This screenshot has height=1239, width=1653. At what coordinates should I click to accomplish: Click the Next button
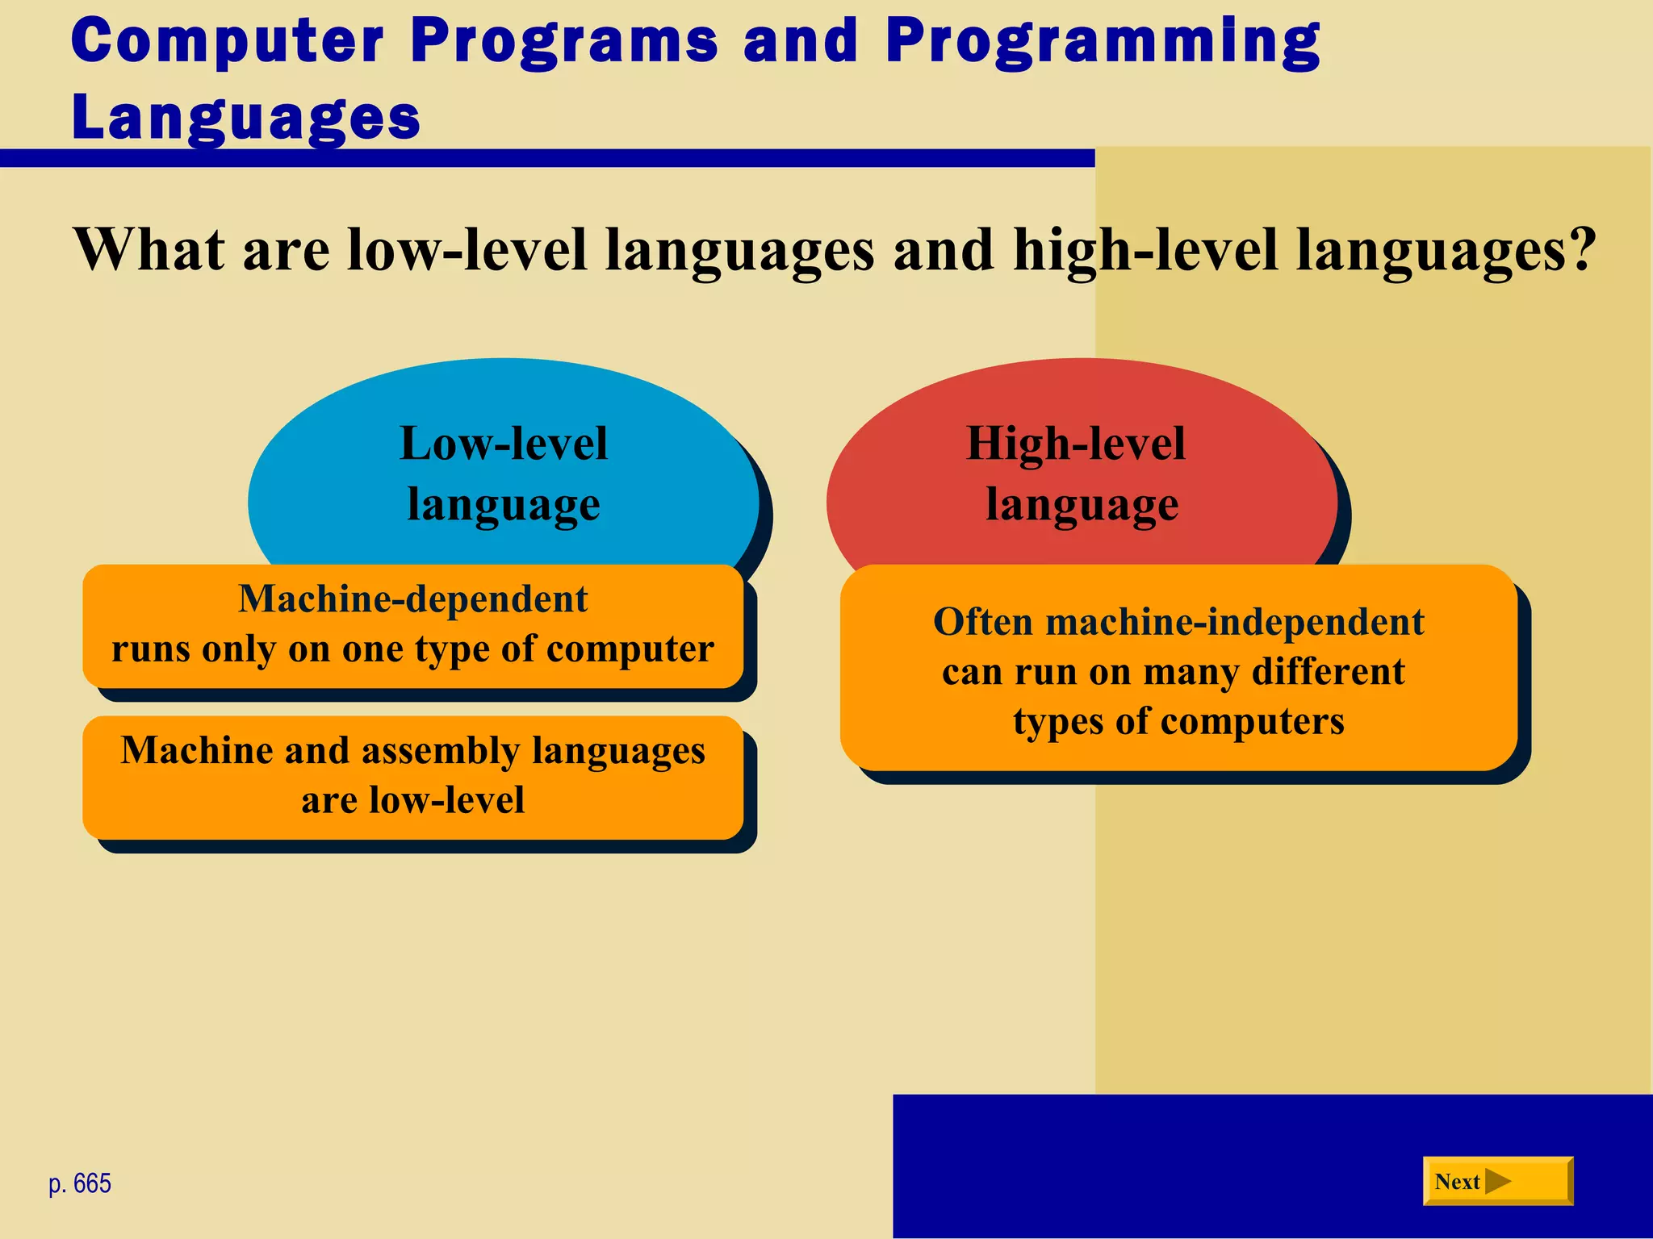[1496, 1182]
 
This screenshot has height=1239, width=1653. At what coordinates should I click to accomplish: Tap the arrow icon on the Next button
[1498, 1182]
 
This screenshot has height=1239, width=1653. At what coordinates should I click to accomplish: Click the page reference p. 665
[80, 1183]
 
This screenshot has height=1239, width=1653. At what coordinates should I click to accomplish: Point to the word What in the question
[149, 249]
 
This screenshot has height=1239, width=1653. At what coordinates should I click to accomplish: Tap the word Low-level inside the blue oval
[503, 444]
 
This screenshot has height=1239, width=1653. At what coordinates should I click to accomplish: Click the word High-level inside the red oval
[1076, 444]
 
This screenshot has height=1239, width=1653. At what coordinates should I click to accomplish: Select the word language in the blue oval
[503, 506]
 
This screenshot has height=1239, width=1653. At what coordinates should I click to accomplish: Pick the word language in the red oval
[1082, 506]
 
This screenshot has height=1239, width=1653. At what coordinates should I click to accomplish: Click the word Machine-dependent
[412, 599]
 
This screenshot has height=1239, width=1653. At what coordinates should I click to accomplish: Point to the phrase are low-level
[412, 800]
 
